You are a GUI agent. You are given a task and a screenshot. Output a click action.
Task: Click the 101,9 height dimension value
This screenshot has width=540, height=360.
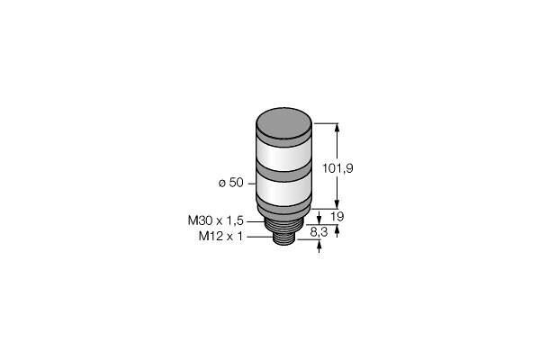[337, 168]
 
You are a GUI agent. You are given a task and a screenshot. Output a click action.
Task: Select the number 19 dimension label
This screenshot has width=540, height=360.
[337, 217]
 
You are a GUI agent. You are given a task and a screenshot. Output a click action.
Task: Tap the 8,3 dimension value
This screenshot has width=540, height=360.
[319, 232]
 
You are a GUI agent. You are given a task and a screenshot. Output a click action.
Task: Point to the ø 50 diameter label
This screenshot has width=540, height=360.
[230, 183]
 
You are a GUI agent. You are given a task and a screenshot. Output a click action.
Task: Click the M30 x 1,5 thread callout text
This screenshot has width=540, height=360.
[216, 220]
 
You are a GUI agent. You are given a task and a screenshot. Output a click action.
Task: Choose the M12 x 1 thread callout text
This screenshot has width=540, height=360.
[220, 237]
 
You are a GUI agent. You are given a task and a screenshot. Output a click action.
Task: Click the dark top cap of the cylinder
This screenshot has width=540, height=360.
[284, 123]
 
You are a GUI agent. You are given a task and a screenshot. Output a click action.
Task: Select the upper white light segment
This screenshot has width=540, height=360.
[284, 156]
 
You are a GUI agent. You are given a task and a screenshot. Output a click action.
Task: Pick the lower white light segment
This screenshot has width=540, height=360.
[284, 191]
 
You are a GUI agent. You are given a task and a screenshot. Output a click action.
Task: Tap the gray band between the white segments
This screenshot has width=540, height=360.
[284, 175]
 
